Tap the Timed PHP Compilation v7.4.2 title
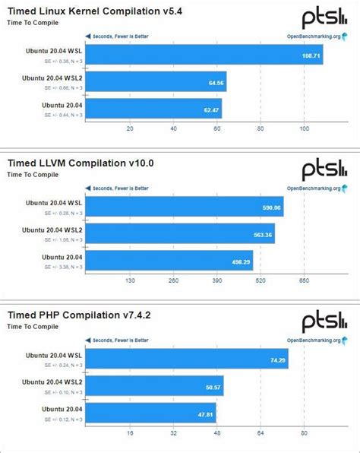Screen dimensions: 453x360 pyautogui.click(x=85, y=314)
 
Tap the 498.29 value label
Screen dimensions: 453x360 pyautogui.click(x=239, y=262)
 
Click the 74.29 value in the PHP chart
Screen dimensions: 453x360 pyautogui.click(x=275, y=360)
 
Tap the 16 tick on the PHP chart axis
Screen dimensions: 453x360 pyautogui.click(x=130, y=433)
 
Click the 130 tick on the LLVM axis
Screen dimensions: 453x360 pyautogui.click(x=129, y=280)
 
